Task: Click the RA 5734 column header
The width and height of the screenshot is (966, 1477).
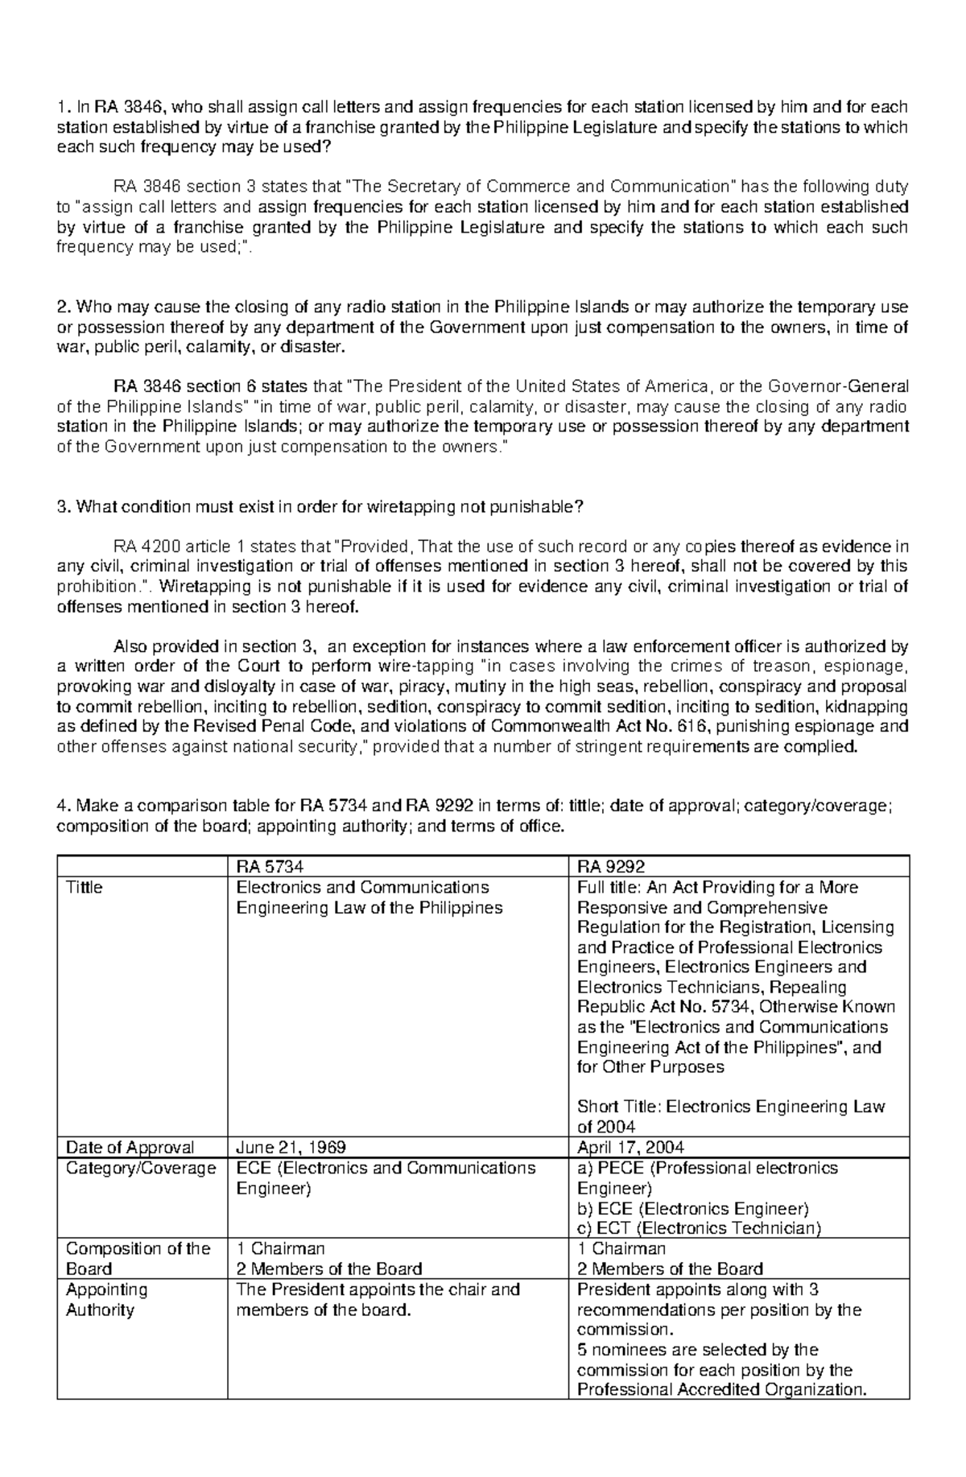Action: tap(270, 867)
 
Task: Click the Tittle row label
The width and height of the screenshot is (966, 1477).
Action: tap(84, 887)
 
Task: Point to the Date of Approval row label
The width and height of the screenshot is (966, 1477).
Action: tap(130, 1147)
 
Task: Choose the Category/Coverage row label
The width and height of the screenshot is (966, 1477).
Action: tap(141, 1168)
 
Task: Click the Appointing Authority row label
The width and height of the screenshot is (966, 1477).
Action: tap(106, 1299)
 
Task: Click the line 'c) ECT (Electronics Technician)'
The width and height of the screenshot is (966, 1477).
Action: tap(699, 1228)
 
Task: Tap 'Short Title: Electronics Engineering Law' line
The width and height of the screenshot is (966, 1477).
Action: tap(731, 1107)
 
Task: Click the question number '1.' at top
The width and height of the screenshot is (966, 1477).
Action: tap(63, 107)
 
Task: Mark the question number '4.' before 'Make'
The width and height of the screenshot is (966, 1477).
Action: tap(63, 807)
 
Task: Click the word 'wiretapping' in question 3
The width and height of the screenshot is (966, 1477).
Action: tap(410, 507)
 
